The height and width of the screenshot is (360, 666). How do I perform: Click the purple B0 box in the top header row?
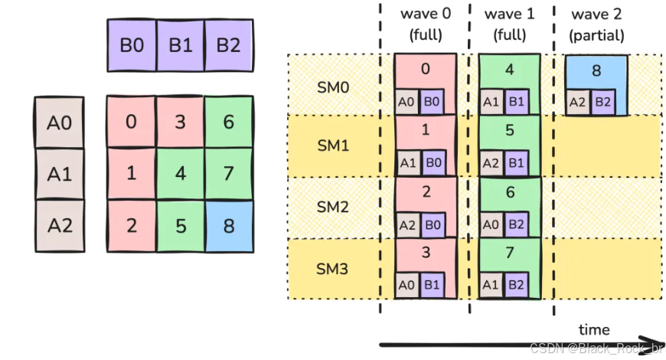[132, 44]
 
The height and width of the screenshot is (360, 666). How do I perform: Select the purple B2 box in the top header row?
[228, 44]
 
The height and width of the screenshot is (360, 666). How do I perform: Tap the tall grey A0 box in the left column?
[59, 123]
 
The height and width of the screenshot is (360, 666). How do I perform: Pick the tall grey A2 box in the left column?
[59, 225]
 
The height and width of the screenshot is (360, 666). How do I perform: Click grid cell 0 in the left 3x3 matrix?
[132, 121]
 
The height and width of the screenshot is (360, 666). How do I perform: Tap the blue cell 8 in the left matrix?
[228, 225]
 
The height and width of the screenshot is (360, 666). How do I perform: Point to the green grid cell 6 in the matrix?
[228, 121]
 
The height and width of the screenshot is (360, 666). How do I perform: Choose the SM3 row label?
[332, 269]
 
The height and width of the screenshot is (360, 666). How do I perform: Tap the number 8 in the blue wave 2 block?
[596, 70]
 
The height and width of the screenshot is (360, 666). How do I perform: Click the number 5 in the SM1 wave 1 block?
[509, 130]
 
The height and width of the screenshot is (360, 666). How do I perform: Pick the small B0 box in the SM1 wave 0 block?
[434, 162]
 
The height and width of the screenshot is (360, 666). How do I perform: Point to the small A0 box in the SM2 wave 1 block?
[492, 224]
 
